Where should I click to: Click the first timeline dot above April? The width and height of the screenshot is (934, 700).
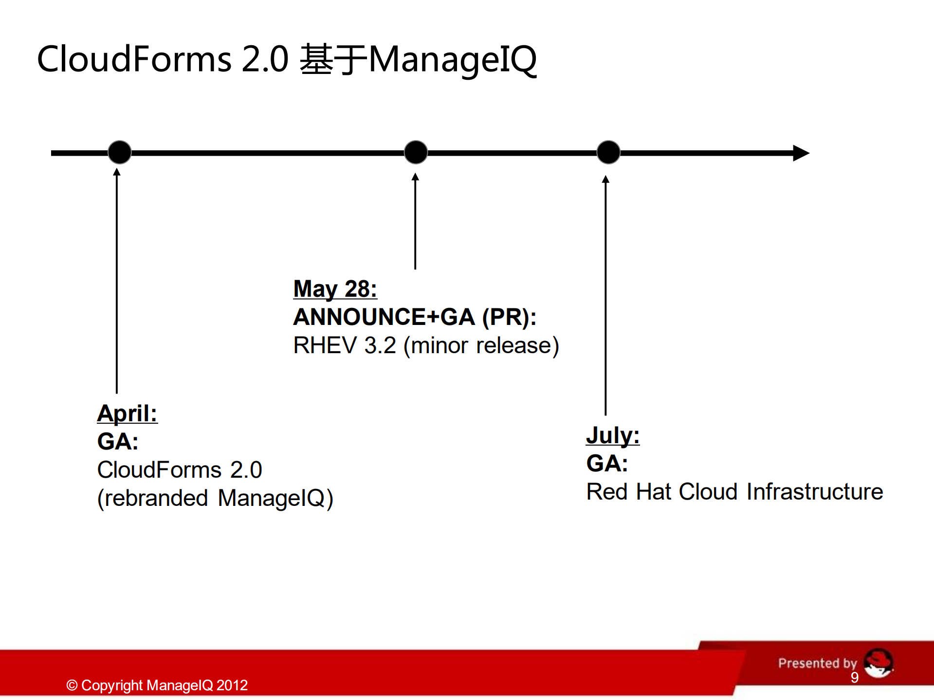119,152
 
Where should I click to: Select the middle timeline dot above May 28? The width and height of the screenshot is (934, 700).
416,152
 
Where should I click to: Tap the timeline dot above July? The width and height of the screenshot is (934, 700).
608,152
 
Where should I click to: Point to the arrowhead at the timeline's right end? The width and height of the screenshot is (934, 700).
801,153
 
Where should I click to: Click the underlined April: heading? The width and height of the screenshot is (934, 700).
128,413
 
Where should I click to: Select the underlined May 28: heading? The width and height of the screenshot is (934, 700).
335,289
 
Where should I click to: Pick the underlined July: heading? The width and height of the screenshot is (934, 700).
613,435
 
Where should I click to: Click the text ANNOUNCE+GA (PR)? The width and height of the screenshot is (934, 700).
415,317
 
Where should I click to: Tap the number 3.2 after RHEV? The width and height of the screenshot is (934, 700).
380,345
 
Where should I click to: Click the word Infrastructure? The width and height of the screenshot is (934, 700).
815,492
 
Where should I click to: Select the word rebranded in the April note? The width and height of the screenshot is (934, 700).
156,498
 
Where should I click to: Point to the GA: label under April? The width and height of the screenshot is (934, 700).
118,442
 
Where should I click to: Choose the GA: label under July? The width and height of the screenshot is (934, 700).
607,464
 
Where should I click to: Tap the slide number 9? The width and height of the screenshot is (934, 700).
855,678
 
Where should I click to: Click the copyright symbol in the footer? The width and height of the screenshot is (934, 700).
72,685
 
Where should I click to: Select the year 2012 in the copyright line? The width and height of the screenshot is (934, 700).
232,685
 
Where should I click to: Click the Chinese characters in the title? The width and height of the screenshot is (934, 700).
333,59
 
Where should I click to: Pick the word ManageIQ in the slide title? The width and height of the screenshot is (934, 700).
453,60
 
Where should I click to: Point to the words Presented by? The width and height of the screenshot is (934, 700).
817,663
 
